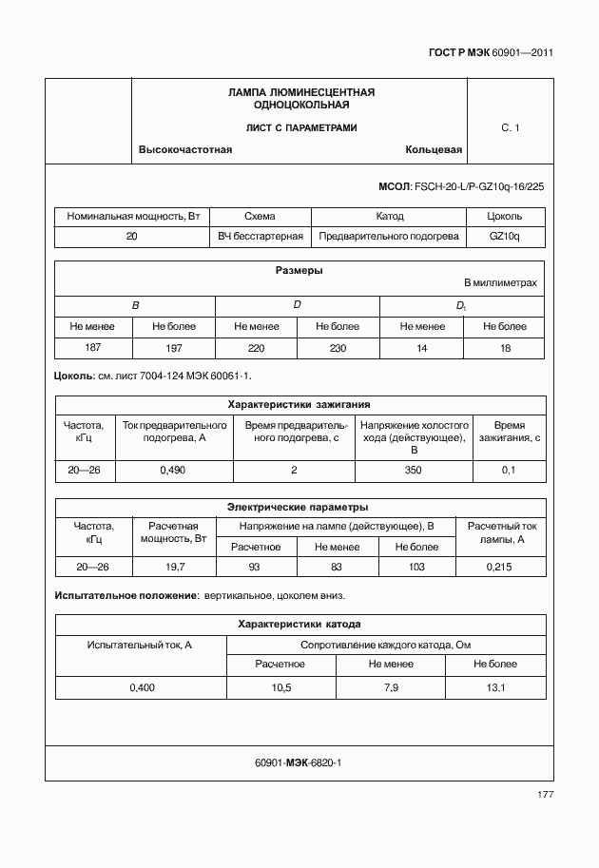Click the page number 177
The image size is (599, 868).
[545, 794]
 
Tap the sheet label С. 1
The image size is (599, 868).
[510, 127]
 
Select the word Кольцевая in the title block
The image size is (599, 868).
[434, 150]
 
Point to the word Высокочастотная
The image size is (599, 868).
[185, 150]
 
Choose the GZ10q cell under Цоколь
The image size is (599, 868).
[504, 236]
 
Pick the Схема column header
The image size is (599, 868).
[260, 217]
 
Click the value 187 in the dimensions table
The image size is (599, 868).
[93, 348]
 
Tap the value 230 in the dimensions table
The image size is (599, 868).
[338, 348]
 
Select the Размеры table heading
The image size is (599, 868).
[299, 271]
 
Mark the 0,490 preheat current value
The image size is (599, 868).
[172, 470]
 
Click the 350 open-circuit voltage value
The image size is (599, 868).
[412, 470]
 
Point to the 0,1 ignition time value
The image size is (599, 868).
[508, 470]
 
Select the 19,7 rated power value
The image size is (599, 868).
[174, 567]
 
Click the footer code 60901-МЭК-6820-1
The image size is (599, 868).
[299, 763]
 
